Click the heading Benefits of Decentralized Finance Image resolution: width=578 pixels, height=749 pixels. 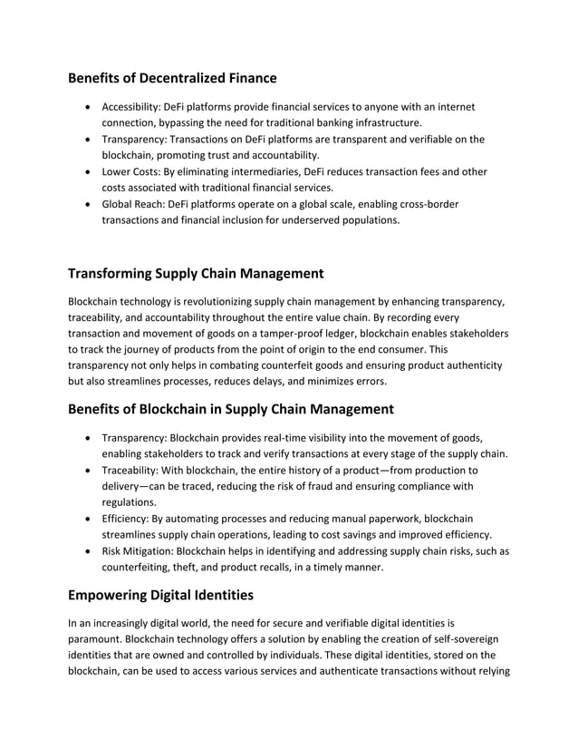172,78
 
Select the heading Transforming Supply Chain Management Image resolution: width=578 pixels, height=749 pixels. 196,274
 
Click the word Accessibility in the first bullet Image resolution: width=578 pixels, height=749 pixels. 130,107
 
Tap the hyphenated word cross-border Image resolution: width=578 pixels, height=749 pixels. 429,204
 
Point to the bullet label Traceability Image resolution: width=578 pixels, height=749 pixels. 133,470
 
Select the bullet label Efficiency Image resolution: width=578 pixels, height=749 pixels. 129,519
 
